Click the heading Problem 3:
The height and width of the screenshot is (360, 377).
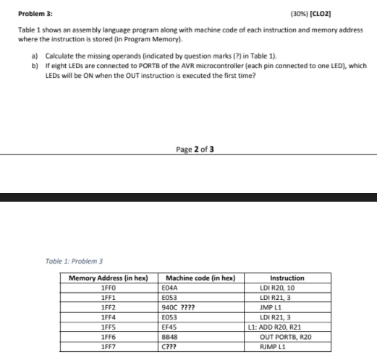click(35, 14)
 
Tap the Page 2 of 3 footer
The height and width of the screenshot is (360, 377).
click(195, 150)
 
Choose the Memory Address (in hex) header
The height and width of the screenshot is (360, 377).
click(108, 278)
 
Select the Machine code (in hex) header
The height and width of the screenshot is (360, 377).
click(198, 278)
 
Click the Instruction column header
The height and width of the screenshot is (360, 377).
click(287, 278)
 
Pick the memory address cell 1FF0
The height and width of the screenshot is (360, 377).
click(108, 287)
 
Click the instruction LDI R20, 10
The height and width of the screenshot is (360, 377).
click(287, 287)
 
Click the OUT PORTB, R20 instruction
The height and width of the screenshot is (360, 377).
click(287, 334)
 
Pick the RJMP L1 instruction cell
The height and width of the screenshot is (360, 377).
click(287, 343)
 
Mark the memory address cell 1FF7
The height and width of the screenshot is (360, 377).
click(108, 343)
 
